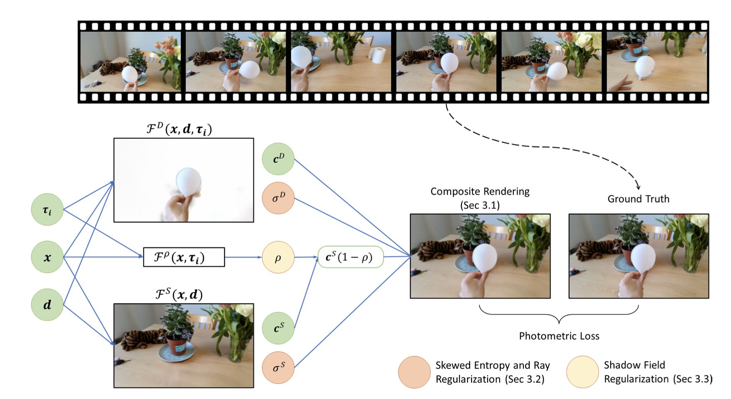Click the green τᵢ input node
[47, 209]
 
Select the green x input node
[47, 257]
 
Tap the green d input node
[47, 305]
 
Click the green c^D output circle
[278, 159]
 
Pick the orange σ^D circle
[278, 198]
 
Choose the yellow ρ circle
[278, 257]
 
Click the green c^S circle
[278, 328]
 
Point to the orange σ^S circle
[278, 367]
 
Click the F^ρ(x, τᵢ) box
[184, 257]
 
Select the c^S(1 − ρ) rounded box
[350, 257]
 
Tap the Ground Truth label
[638, 199]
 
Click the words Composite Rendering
[480, 191]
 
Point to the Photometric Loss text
[559, 336]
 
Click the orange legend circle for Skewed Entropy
[414, 372]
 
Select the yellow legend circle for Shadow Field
[582, 372]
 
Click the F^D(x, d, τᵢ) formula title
[179, 129]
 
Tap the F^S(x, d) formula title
[179, 295]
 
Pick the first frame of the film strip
[130, 61]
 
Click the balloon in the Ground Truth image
[643, 257]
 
